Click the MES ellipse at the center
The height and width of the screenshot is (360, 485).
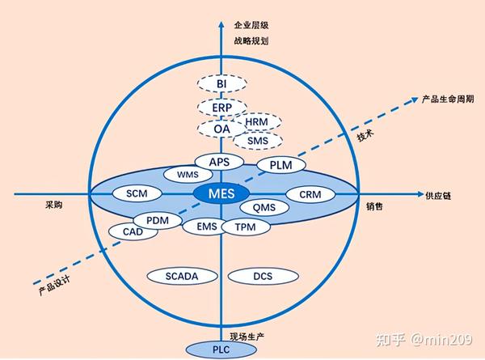tap(221, 194)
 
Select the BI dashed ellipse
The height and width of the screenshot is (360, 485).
tap(220, 83)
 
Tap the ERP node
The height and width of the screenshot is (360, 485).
tap(221, 107)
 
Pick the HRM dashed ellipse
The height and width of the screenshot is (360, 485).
tap(257, 122)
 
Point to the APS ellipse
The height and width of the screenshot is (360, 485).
tap(220, 162)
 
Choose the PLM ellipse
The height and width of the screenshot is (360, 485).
tap(280, 165)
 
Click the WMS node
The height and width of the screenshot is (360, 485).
tap(187, 175)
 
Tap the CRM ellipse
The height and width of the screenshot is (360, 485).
tap(310, 195)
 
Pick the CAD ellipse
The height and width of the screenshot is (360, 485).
tap(133, 231)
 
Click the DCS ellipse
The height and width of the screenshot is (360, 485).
tap(262, 276)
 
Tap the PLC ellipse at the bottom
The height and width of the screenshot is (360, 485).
tap(220, 349)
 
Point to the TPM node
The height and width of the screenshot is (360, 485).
tap(246, 227)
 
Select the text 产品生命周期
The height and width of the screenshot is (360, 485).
tap(449, 100)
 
